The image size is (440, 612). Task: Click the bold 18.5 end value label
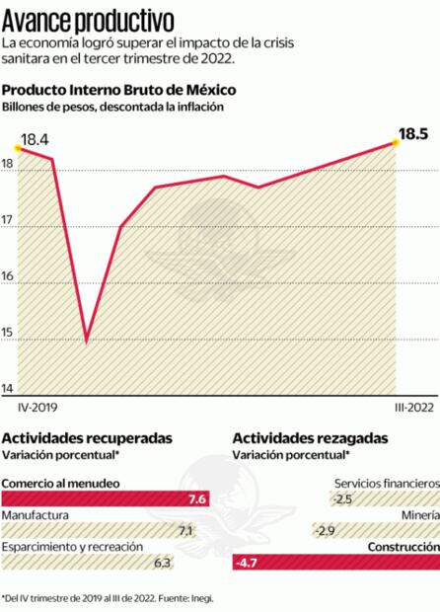[412, 134]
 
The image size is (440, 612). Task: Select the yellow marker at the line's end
[396, 143]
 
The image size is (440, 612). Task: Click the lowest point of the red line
[86, 342]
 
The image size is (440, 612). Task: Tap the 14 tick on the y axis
[8, 387]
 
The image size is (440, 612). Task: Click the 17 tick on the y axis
[8, 226]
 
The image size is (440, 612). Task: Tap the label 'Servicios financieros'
[386, 484]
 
